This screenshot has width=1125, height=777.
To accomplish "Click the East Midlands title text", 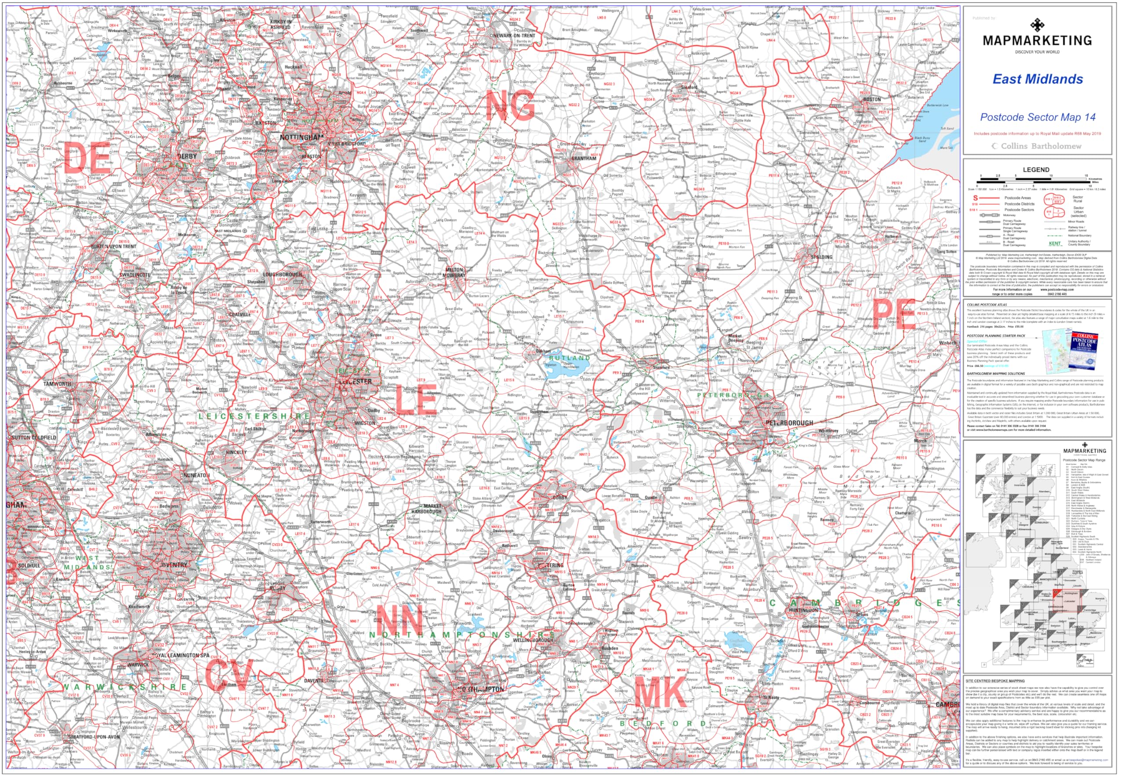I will coord(1038,80).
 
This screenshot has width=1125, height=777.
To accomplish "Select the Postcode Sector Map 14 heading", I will coord(1038,117).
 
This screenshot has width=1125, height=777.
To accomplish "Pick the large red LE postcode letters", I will coord(415,400).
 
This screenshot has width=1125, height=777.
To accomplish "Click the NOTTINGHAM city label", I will coord(301,137).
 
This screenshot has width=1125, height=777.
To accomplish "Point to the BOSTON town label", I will coord(872,99).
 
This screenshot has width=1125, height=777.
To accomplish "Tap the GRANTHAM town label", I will coord(584,158).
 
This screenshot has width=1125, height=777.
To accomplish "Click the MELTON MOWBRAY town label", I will coord(454,272).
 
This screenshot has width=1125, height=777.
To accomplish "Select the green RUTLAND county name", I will coord(570,358).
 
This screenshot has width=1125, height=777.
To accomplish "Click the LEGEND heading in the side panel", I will coord(1036,170).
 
